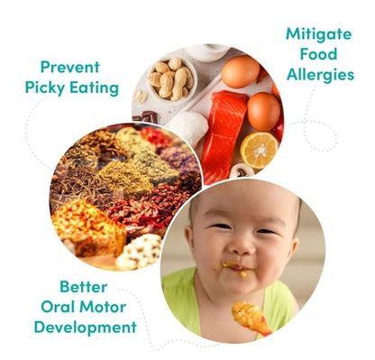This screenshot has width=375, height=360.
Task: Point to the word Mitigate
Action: tap(318, 33)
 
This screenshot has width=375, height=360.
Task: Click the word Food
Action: tap(319, 54)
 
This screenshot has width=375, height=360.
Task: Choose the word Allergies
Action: tap(319, 75)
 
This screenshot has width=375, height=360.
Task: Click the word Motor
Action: tap(105, 306)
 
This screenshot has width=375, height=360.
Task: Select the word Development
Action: tap(86, 327)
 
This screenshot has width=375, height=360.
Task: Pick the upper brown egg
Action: tap(240, 71)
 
